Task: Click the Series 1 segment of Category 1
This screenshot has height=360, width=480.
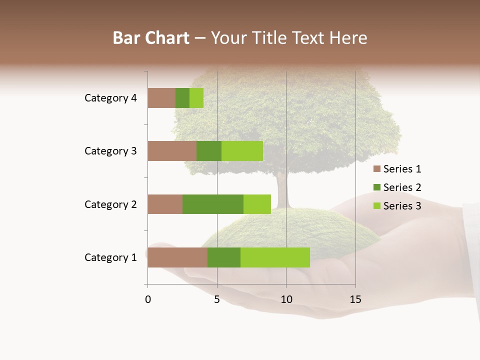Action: click(x=177, y=257)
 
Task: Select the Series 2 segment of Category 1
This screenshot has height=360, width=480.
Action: click(x=224, y=257)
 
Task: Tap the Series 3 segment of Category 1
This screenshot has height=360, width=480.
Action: click(x=275, y=257)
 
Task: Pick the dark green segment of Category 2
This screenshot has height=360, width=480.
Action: click(x=213, y=204)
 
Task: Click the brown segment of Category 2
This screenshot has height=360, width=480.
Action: click(x=165, y=204)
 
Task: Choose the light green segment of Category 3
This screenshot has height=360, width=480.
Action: click(x=242, y=151)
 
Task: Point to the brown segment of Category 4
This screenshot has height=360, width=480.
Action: click(x=161, y=98)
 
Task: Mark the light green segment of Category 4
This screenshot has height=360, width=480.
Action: click(x=196, y=98)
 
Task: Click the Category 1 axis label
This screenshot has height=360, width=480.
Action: click(x=110, y=257)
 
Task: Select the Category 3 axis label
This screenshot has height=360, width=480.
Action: click(x=110, y=151)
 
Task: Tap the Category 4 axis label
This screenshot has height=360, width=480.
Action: click(x=110, y=98)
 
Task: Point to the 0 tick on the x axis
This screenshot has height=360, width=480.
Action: click(x=148, y=299)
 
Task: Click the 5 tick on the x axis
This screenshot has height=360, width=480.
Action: click(x=217, y=299)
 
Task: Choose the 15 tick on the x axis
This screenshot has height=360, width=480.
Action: click(x=355, y=299)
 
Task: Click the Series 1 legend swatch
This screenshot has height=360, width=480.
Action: click(x=376, y=169)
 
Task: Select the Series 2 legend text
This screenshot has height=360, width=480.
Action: click(x=402, y=187)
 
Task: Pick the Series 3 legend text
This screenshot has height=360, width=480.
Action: click(x=402, y=206)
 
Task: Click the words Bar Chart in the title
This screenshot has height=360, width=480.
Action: click(x=151, y=38)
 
